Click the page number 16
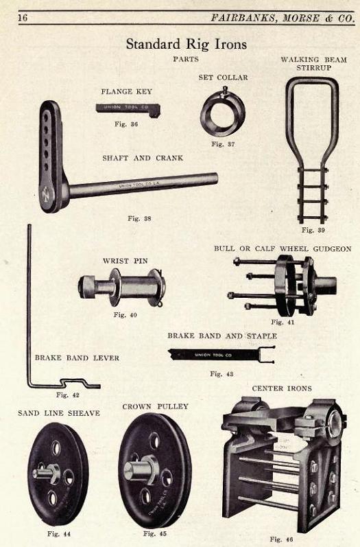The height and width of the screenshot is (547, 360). tap(23, 17)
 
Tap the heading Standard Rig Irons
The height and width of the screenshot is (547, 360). tap(186, 45)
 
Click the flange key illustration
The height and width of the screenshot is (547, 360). tap(128, 108)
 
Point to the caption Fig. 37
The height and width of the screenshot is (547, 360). tap(223, 144)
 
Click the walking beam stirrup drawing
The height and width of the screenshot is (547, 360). tap(313, 150)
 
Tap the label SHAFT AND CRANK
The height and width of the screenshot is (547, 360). tap(143, 158)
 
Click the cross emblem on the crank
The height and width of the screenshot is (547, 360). tap(47, 195)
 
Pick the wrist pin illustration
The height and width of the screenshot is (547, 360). tap(122, 287)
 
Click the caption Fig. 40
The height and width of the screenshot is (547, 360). tap(125, 314)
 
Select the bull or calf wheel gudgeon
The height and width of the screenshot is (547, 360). tap(283, 285)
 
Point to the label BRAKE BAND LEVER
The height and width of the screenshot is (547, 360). tap(77, 358)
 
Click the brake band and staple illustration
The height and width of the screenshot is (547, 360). tap(221, 355)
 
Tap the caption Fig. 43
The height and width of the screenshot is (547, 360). tap(221, 374)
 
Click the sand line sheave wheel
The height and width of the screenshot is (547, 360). tap(58, 474)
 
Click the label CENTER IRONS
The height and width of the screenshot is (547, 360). tap(282, 388)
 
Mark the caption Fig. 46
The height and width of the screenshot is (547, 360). tap(282, 539)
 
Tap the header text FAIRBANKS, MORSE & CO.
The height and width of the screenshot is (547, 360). tap(283, 18)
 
